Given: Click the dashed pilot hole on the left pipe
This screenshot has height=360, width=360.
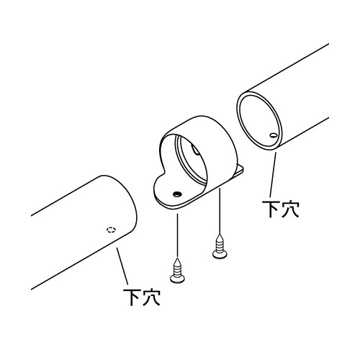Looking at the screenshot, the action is [x=111, y=230].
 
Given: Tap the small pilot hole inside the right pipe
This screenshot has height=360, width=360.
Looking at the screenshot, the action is [x=273, y=135].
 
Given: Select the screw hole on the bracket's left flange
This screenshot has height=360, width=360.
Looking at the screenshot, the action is [x=177, y=194].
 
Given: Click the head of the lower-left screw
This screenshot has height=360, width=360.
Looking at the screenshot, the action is [x=177, y=279].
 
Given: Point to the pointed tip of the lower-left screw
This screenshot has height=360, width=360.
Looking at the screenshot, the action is [x=177, y=258].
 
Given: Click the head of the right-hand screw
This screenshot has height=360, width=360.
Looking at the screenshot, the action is [x=220, y=254].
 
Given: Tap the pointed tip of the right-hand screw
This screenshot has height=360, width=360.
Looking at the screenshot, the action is [x=220, y=235].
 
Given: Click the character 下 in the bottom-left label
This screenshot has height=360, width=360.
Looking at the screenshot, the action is [x=132, y=297].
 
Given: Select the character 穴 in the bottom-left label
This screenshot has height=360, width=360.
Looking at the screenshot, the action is [x=151, y=297].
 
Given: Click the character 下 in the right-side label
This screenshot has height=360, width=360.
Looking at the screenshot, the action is [x=271, y=209].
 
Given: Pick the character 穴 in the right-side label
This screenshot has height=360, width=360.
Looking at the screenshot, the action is [x=290, y=209].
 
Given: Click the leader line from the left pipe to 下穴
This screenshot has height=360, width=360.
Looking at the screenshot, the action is [x=122, y=266].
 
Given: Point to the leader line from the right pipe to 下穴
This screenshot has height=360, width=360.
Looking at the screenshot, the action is [x=273, y=175].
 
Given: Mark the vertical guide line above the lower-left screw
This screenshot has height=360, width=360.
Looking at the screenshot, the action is [x=177, y=235].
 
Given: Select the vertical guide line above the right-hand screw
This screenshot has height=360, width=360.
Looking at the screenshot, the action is [x=220, y=210].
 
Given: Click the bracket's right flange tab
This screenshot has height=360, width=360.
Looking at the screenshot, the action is [x=239, y=171].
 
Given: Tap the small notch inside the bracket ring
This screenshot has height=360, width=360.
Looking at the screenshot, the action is [x=194, y=150].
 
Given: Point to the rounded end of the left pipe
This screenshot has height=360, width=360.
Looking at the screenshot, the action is [x=131, y=204].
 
